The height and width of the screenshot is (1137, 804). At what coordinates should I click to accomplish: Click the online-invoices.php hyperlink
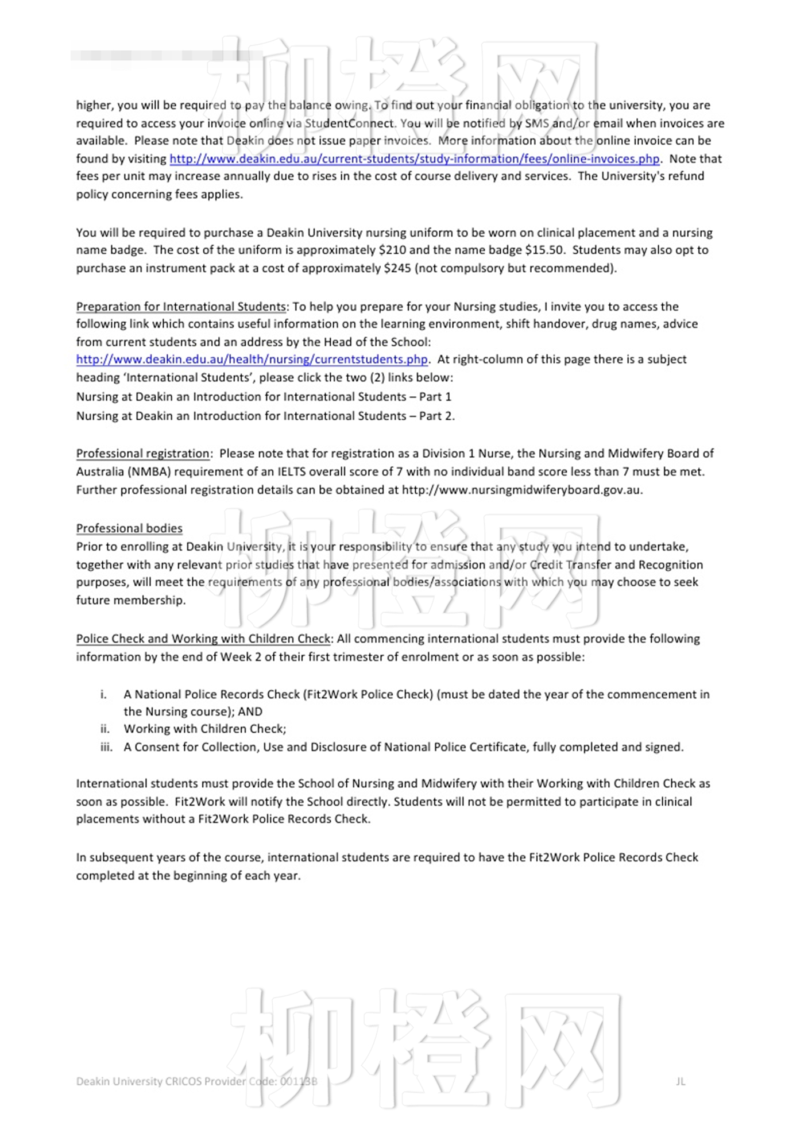click(x=414, y=158)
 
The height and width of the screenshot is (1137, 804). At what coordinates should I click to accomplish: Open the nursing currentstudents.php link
click(x=252, y=359)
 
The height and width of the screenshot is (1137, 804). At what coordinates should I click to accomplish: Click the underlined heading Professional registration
click(x=143, y=454)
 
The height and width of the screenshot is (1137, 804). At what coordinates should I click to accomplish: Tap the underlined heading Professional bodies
click(x=129, y=528)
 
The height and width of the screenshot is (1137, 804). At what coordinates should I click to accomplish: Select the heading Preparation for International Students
click(x=181, y=307)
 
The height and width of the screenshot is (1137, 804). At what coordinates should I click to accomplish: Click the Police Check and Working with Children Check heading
click(x=203, y=639)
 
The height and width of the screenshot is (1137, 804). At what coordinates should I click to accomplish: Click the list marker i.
click(x=103, y=694)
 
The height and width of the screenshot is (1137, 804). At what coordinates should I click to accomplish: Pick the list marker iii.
click(x=106, y=747)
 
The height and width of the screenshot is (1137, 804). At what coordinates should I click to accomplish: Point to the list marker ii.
click(x=105, y=729)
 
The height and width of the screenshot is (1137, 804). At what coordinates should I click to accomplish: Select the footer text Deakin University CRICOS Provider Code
click(x=196, y=1081)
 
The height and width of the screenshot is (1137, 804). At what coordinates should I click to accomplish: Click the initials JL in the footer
click(x=681, y=1081)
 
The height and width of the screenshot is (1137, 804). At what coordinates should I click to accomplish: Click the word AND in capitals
click(x=250, y=711)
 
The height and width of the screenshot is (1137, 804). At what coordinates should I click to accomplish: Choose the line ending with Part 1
click(x=264, y=397)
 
